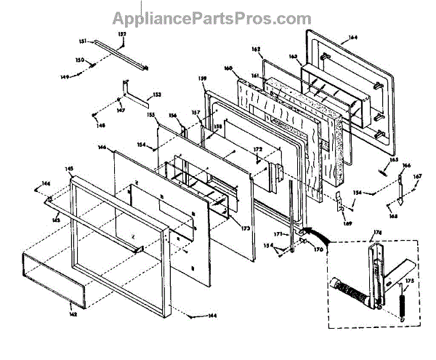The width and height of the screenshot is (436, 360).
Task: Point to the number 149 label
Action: click(x=84, y=75)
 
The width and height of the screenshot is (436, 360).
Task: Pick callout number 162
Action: click(x=256, y=49)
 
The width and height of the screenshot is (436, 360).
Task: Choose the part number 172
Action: click(x=257, y=150)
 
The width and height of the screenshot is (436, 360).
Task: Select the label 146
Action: click(x=102, y=147)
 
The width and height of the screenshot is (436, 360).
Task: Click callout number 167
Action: click(x=417, y=176)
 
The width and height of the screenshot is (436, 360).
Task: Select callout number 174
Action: click(x=377, y=233)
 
